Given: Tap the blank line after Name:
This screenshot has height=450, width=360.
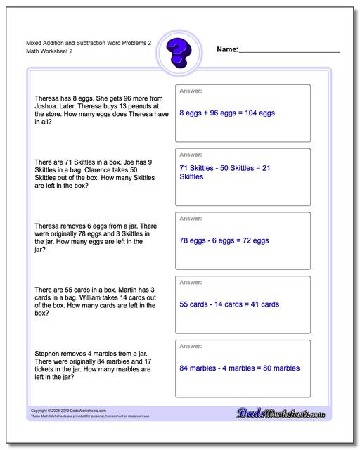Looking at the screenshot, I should [x=289, y=51].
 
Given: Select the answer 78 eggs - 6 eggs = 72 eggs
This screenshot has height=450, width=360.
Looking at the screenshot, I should [x=224, y=240].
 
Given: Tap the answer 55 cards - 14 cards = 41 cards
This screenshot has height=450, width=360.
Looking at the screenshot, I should [x=229, y=304].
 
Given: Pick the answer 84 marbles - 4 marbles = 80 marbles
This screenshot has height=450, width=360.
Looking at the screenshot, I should [x=240, y=368].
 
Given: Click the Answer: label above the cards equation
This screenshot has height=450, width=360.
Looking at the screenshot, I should [x=191, y=282].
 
